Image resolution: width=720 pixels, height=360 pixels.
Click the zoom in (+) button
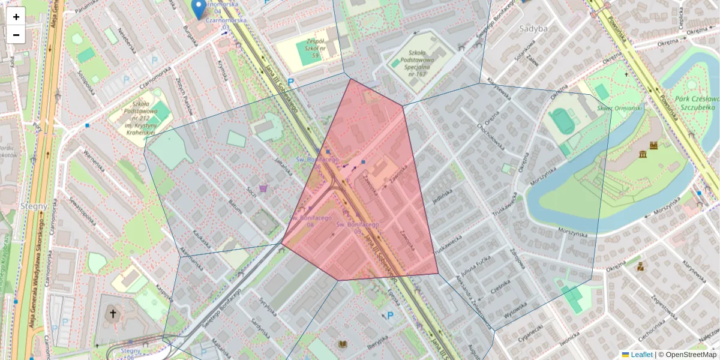click(x=16, y=16)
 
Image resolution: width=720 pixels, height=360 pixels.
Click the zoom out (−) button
click(x=16, y=35)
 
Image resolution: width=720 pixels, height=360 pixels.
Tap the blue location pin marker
click(x=199, y=9)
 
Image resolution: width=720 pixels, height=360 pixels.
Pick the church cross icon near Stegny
click(x=111, y=314)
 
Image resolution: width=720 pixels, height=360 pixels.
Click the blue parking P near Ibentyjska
click(x=390, y=316)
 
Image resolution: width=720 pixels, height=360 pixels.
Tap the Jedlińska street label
click(x=441, y=197)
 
